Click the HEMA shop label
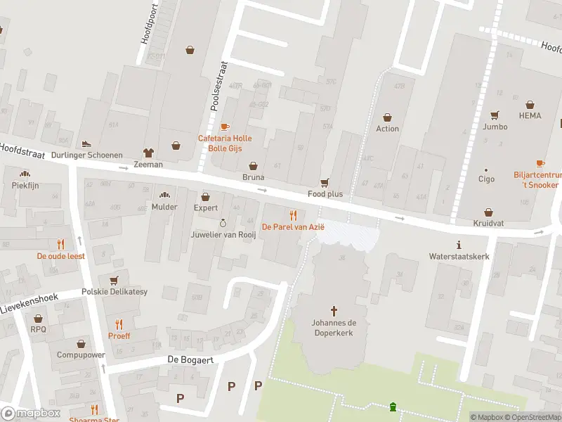[x=530, y=115]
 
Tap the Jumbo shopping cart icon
[x=495, y=115]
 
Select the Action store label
[x=387, y=129]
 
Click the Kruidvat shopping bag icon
[x=488, y=212]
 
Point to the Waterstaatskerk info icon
[x=459, y=245]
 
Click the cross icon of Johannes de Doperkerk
[x=334, y=310]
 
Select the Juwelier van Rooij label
[x=223, y=234]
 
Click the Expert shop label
[x=206, y=208]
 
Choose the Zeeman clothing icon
[x=148, y=152]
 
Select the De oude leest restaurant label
[x=61, y=256]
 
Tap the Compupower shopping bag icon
[x=81, y=344]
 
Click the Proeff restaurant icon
[x=119, y=324]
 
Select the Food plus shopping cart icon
[x=325, y=182]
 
